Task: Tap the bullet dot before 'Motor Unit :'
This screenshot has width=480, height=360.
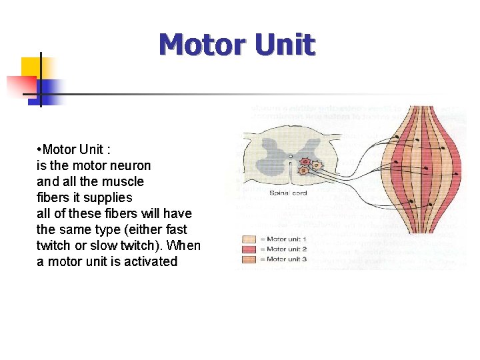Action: point(39,149)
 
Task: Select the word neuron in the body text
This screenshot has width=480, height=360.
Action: point(130,165)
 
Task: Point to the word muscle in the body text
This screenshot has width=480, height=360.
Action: point(123,181)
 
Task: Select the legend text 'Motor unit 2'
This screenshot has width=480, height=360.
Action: point(287,249)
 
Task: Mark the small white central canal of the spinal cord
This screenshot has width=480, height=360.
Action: point(290,157)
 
